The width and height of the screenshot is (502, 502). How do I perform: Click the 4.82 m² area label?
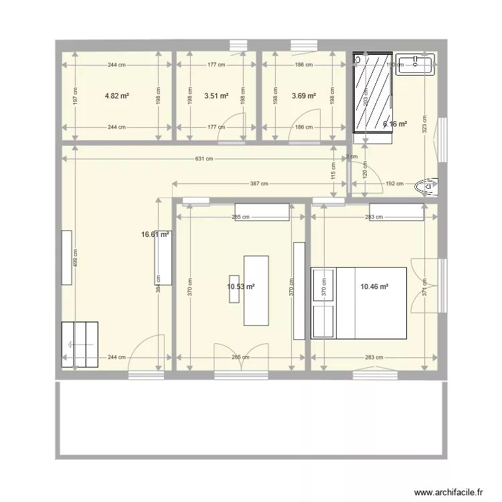click(116, 96)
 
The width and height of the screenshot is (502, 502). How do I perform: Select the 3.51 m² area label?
click(216, 96)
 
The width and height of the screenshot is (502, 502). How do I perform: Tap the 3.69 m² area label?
click(304, 96)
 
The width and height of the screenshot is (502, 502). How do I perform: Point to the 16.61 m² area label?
click(155, 235)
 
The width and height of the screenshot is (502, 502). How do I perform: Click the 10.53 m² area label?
click(241, 286)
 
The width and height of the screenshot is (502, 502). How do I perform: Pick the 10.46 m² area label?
click(374, 286)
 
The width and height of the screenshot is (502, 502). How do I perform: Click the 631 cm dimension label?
click(204, 159)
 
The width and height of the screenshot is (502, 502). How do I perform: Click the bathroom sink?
click(415, 64)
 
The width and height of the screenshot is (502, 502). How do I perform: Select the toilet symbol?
click(426, 185)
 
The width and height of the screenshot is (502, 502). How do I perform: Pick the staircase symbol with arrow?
click(80, 344)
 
